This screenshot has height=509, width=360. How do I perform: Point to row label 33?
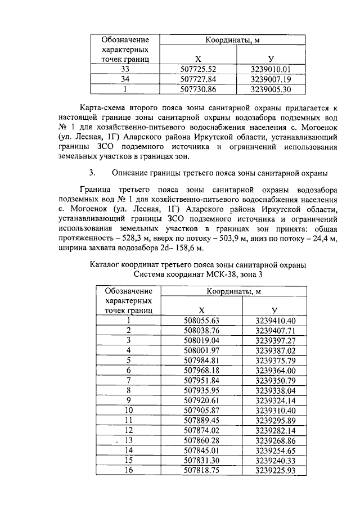[x=125, y=70]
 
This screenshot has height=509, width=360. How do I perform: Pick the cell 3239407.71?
[x=275, y=330]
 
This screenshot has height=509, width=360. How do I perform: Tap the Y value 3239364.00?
[x=275, y=370]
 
